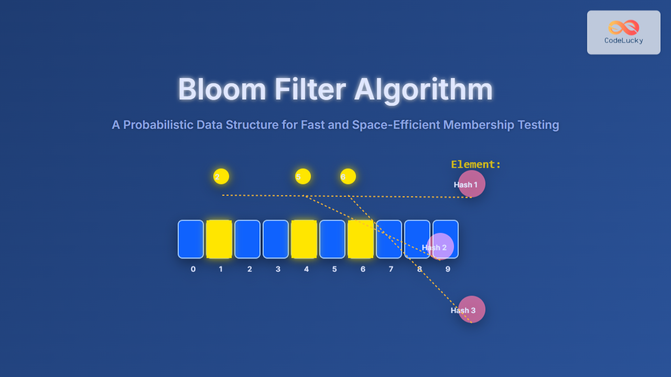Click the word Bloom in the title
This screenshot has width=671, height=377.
(x=222, y=90)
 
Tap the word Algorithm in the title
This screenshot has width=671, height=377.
(x=424, y=90)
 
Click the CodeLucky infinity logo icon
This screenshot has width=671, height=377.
(x=624, y=27)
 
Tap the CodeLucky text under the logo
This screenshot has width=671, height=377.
(x=624, y=41)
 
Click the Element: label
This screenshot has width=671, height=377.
(x=476, y=164)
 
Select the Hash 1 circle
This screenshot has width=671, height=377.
(x=471, y=184)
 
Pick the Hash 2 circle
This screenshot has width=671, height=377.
(x=440, y=247)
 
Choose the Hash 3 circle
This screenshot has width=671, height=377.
(x=471, y=309)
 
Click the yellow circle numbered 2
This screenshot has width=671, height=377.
(x=221, y=176)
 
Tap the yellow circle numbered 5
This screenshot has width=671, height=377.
(x=303, y=176)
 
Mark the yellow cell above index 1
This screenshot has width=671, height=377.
(x=219, y=239)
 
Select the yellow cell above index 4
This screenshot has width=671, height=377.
(x=304, y=239)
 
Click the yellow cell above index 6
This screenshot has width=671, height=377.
(x=361, y=239)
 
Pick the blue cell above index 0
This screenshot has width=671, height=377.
(x=191, y=239)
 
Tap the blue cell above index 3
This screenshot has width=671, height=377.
(x=276, y=239)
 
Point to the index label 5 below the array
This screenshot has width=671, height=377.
(x=334, y=269)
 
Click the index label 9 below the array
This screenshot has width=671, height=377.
(x=448, y=269)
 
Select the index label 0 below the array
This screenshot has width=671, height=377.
(x=193, y=269)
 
